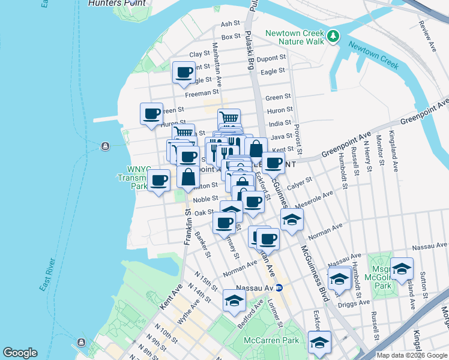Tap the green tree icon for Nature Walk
[334, 37]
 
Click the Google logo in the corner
[20, 353]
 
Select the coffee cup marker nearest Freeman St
[184, 73]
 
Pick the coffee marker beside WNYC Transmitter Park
[159, 180]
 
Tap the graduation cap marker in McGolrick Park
[402, 268]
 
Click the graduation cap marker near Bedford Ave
[234, 301]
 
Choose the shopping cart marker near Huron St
[229, 118]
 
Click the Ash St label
[230, 24]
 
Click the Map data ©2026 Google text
[412, 355]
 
